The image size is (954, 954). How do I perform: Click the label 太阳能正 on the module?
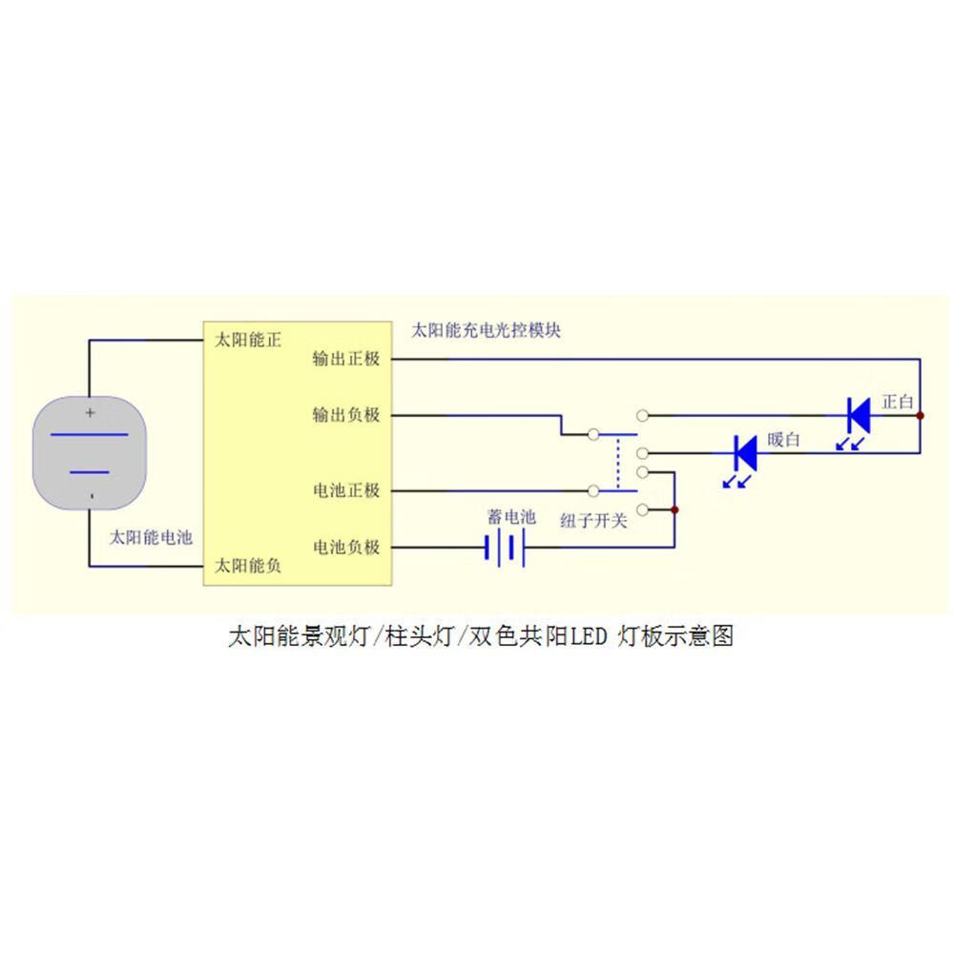click(x=248, y=341)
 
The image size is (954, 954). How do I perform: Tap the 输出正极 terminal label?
click(x=346, y=360)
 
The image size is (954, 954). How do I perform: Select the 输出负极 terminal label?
click(x=346, y=416)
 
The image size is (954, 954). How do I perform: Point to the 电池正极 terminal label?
click(x=346, y=491)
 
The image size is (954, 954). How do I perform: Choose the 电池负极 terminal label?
click(x=346, y=548)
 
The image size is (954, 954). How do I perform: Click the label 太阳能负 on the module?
click(x=248, y=566)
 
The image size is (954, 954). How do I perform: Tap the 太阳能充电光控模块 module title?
click(x=486, y=331)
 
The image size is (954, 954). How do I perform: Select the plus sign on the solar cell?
click(x=90, y=413)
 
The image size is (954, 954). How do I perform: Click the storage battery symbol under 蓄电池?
click(x=506, y=548)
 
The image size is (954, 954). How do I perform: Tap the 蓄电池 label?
click(x=511, y=517)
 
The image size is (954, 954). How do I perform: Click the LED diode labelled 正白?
click(x=858, y=415)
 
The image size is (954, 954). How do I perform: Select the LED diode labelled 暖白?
click(x=744, y=452)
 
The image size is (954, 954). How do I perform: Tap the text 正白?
click(x=899, y=402)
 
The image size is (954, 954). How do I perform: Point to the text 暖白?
click(x=784, y=440)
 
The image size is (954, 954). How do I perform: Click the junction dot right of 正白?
click(x=921, y=415)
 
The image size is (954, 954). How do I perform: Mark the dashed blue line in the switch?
click(x=617, y=463)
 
